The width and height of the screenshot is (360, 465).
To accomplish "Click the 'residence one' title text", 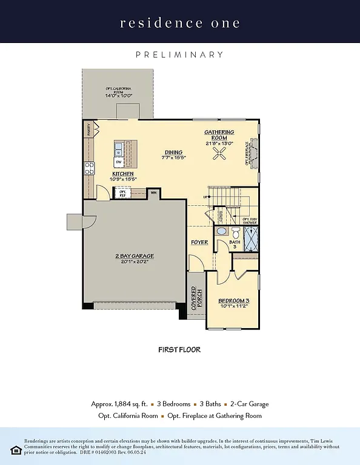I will click(x=180, y=24).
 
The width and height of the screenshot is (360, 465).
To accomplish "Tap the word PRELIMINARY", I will click(x=180, y=54).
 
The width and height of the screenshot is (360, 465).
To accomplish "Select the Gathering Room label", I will click(x=219, y=135).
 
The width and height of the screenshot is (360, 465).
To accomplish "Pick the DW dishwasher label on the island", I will click(x=119, y=163).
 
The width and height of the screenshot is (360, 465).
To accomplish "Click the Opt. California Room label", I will click(x=118, y=93).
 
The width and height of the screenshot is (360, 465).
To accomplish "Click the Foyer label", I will click(x=200, y=242).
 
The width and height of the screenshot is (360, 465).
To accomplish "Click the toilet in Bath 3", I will click(x=236, y=231).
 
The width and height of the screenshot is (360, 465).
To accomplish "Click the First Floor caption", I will click(x=179, y=349).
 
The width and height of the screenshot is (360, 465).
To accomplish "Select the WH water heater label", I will click(x=153, y=193).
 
